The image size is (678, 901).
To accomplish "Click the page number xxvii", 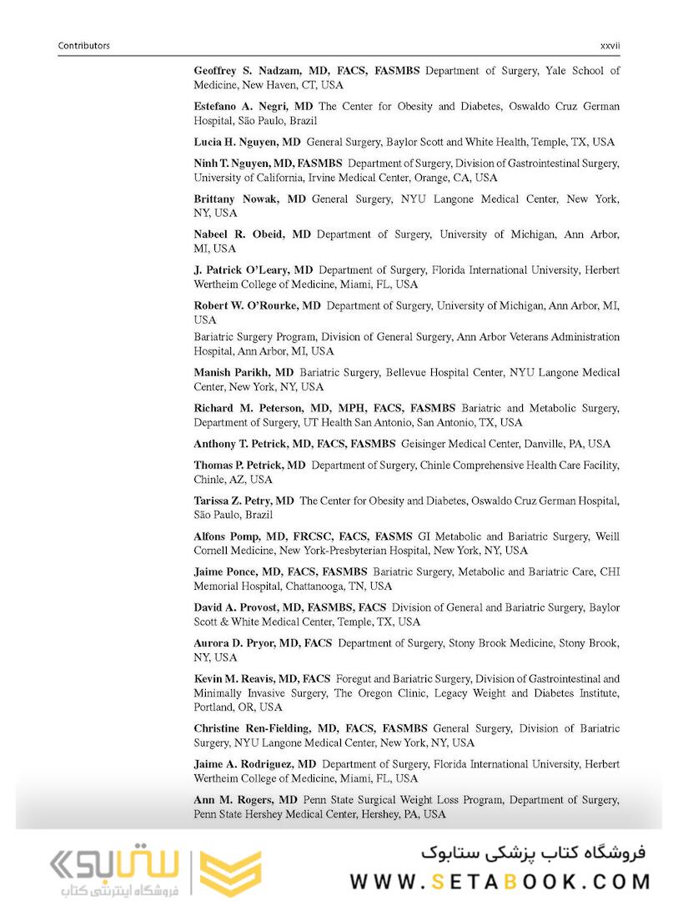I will coord(610,45).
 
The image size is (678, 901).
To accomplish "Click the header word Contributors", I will coord(83,45).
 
